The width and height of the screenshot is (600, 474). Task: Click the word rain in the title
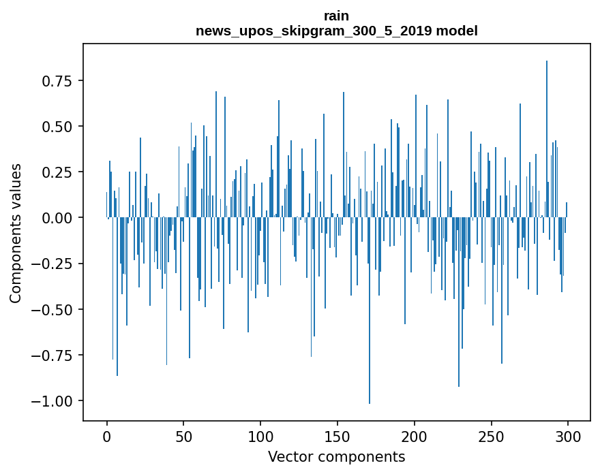[x=337, y=16]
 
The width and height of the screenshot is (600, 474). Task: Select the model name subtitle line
[x=337, y=31]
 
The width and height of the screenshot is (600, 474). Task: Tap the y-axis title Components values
[x=15, y=234]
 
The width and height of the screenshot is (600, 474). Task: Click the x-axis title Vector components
[x=337, y=457]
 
